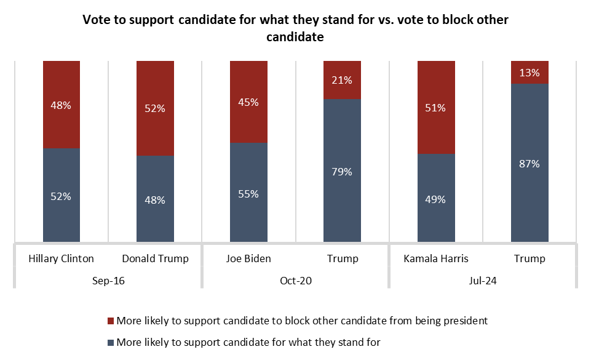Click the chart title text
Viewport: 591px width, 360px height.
pos(296,28)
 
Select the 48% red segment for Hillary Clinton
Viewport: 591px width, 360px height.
pos(61,105)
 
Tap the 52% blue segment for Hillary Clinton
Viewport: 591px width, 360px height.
pos(61,196)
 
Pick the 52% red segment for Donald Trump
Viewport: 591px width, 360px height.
pos(155,108)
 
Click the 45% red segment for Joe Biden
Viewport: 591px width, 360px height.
pos(248,102)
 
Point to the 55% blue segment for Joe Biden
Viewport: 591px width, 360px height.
pos(248,193)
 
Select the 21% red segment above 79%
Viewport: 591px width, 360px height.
pos(342,80)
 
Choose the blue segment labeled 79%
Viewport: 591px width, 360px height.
pos(342,171)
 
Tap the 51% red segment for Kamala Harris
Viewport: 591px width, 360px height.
pos(436,107)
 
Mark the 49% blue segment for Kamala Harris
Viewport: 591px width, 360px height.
pos(436,198)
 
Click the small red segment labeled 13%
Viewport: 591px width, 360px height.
pos(530,72)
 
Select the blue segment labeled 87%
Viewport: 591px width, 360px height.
pos(530,163)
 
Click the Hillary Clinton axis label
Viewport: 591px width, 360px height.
pos(61,258)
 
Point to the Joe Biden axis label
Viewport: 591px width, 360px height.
pos(248,258)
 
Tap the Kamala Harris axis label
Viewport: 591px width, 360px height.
pos(436,258)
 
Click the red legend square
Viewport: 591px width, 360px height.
pos(111,321)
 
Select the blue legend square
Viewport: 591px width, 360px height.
pos(111,342)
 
